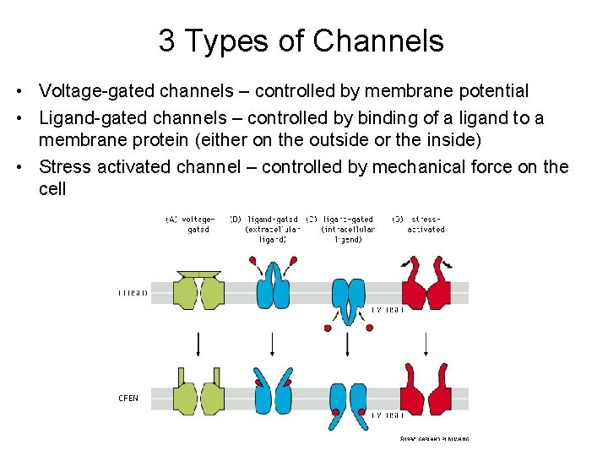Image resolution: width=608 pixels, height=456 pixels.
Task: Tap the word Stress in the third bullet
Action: pyautogui.click(x=66, y=166)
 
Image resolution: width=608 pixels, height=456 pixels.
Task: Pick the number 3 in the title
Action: pyautogui.click(x=166, y=41)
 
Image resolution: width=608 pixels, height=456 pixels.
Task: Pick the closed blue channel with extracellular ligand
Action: pyautogui.click(x=272, y=287)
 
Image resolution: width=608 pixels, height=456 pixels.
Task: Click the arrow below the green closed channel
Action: pyautogui.click(x=198, y=343)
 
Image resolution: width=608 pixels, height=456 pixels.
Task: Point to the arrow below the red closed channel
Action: pyautogui.click(x=426, y=343)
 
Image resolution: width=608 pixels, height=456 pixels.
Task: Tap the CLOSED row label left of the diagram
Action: pyautogui.click(x=133, y=293)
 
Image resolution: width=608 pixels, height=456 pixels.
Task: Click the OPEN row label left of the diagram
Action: pyautogui.click(x=128, y=398)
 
